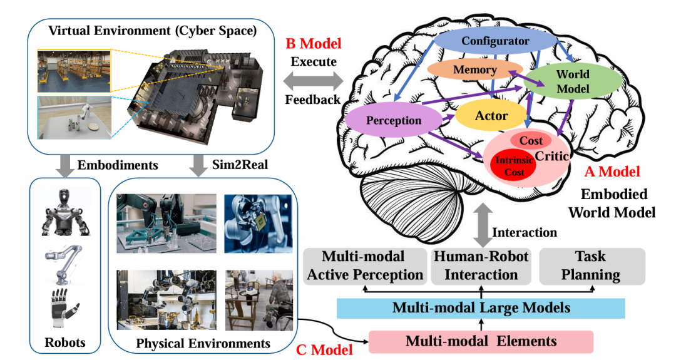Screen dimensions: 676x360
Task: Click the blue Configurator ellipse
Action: (x=495, y=41)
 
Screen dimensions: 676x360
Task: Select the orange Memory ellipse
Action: (x=474, y=69)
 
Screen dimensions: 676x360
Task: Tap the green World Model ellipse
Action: (x=573, y=81)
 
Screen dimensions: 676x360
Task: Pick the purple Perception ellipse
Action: (x=394, y=120)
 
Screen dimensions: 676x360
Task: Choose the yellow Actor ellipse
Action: (x=491, y=116)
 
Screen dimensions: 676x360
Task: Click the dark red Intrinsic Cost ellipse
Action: (x=514, y=166)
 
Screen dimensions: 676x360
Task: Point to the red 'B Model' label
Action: (x=314, y=44)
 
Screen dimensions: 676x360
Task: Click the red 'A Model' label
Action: (x=612, y=172)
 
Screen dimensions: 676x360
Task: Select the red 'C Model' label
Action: (x=324, y=349)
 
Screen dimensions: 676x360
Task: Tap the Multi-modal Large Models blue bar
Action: (x=481, y=308)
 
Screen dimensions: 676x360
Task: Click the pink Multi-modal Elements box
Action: (x=481, y=341)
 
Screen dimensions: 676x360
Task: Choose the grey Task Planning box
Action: (x=592, y=266)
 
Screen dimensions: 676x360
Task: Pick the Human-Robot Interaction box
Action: (x=481, y=266)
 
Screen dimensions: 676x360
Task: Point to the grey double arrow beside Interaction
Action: (x=483, y=225)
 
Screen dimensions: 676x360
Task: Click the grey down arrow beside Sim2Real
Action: (x=199, y=166)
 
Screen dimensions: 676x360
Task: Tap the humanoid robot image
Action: (x=66, y=212)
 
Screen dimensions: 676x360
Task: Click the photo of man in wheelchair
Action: (x=259, y=300)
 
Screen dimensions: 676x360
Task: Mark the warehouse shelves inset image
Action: (x=74, y=71)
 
